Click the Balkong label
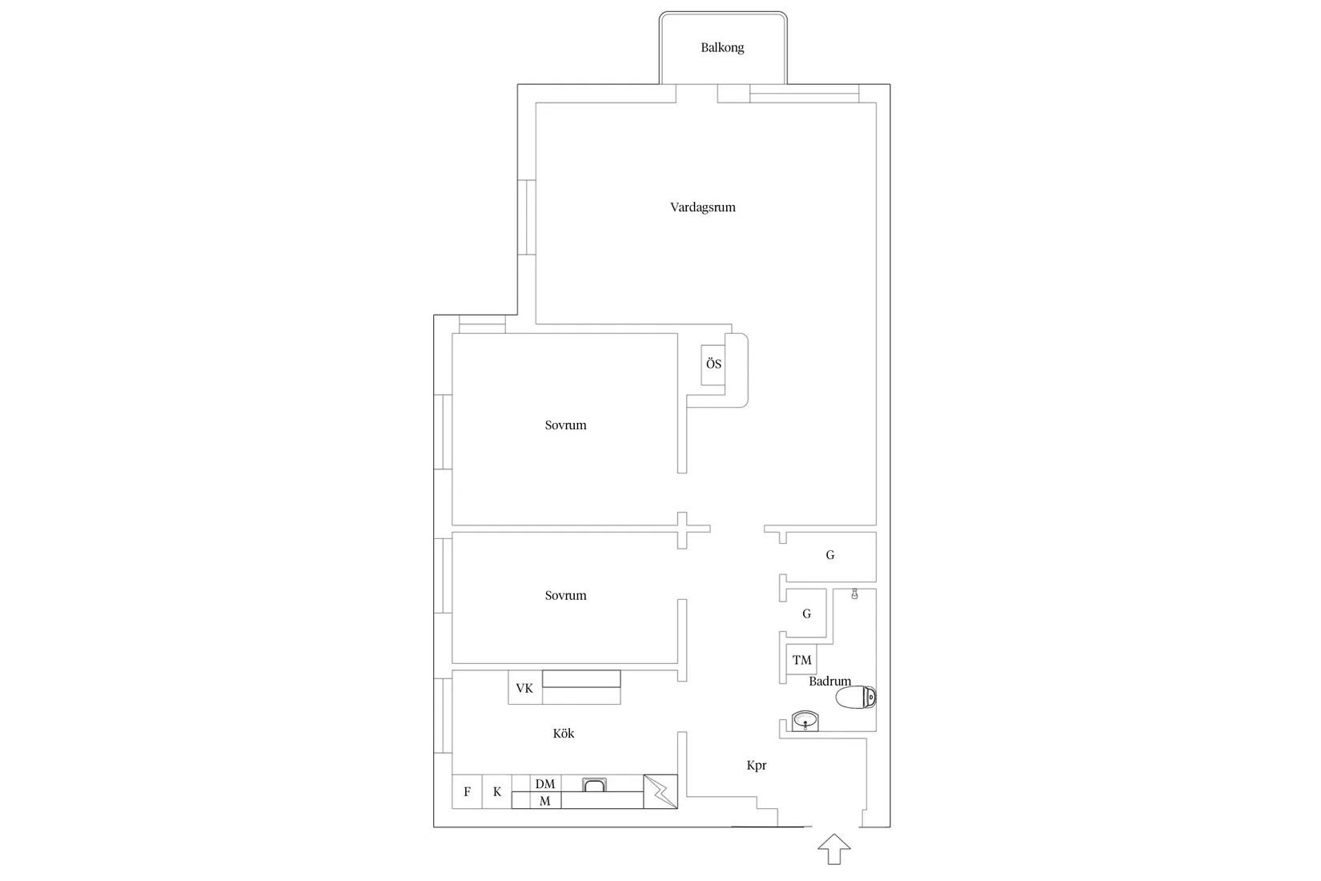(722, 47)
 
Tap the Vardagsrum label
(702, 207)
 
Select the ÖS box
(713, 364)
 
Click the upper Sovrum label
(565, 424)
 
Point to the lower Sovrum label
(565, 595)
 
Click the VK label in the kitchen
(524, 688)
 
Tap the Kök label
(563, 733)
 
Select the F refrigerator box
(467, 791)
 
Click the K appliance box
(497, 791)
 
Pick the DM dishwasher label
(545, 783)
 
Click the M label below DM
(545, 801)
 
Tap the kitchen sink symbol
(594, 785)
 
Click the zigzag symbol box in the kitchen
(660, 791)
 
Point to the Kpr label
(757, 766)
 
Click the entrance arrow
(834, 849)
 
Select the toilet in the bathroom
(856, 697)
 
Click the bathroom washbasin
(805, 721)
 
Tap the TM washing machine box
(801, 660)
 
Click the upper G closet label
(829, 555)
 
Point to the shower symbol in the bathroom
(854, 594)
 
